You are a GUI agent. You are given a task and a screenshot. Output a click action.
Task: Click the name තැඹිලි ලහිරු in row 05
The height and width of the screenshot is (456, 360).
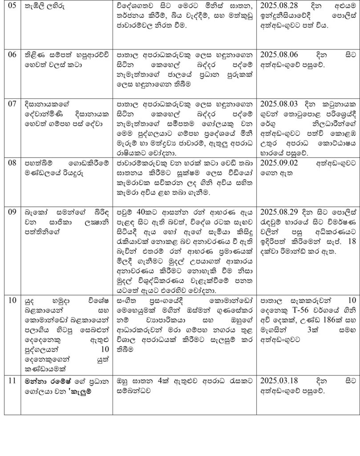point(44,8)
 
